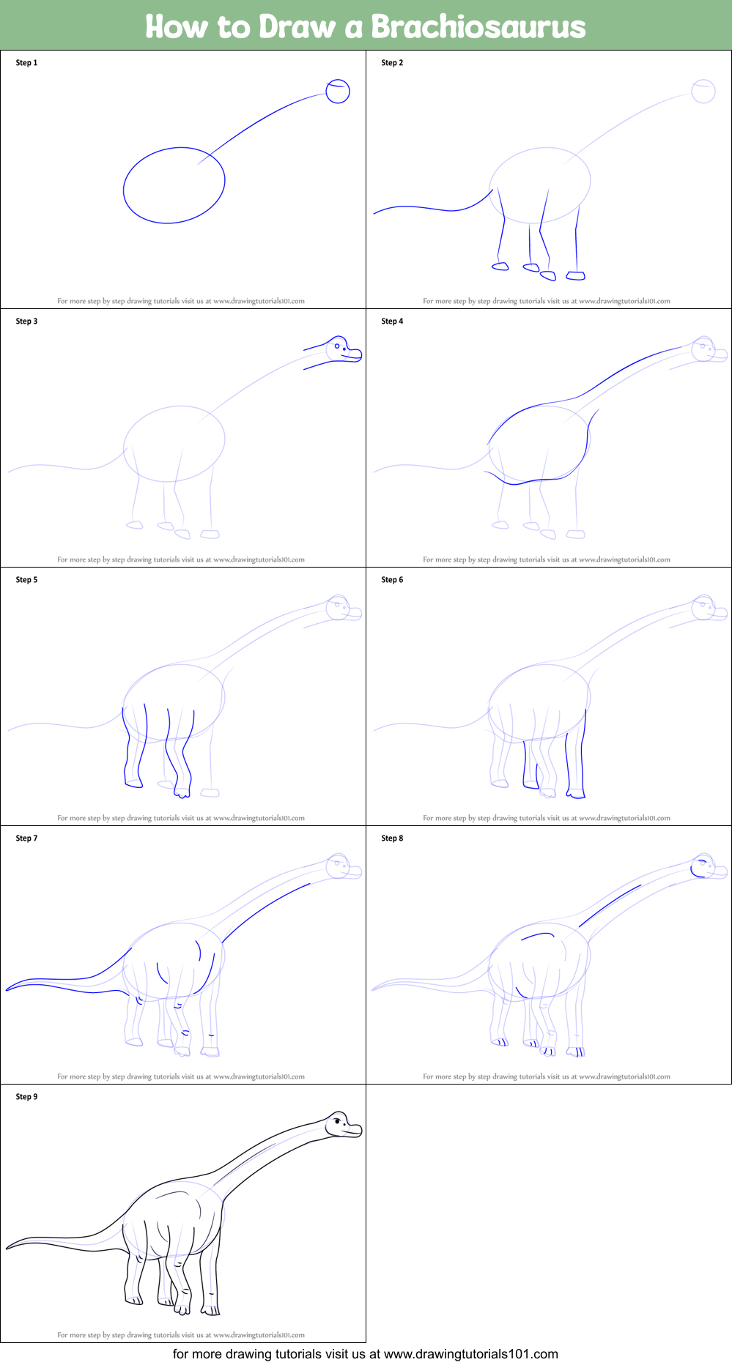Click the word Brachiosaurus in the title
[x=478, y=27]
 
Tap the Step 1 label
[x=26, y=63]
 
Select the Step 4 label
[x=392, y=321]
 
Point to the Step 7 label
[x=26, y=838]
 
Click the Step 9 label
[x=26, y=1097]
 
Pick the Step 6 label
[x=392, y=580]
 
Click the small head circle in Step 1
[x=338, y=92]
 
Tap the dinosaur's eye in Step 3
[x=337, y=346]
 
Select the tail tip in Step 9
[x=7, y=1248]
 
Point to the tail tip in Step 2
[x=374, y=213]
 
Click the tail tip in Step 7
[x=7, y=989]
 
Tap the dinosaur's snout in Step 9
[x=355, y=1130]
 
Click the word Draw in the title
[x=297, y=27]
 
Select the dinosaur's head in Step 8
[x=703, y=866]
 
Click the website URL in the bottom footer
[x=470, y=1354]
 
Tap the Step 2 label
[x=392, y=63]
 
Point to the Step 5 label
[x=26, y=580]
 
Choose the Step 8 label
[x=392, y=838]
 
